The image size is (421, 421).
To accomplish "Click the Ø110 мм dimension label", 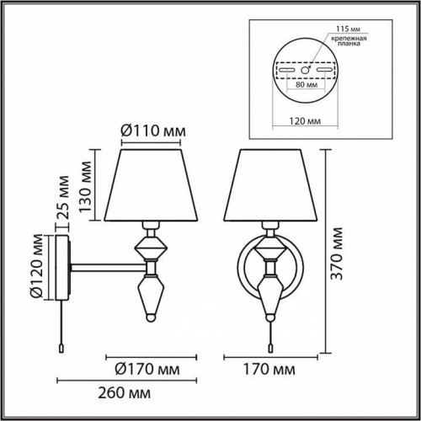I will click(x=147, y=131).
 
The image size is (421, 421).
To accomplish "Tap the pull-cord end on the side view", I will click(x=61, y=344).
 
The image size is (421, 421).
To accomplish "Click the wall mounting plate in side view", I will click(x=60, y=269).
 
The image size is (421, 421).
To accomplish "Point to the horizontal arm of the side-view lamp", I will click(x=105, y=269).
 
